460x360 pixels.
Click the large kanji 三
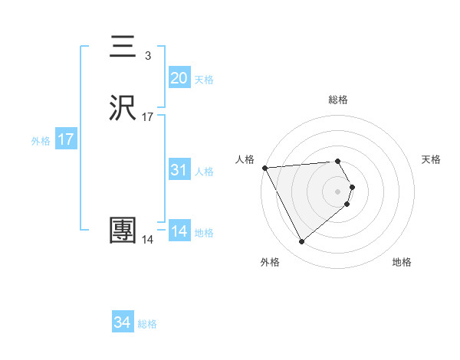click(123, 48)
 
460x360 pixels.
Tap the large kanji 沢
click(123, 109)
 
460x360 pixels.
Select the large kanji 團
click(123, 230)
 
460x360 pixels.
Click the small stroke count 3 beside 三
click(147, 55)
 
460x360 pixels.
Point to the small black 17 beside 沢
click(147, 117)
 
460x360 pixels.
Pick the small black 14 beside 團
click(147, 240)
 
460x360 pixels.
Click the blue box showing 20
click(179, 78)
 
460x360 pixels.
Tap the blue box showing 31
click(179, 170)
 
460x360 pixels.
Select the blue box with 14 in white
click(179, 231)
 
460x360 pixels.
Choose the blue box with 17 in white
click(65, 140)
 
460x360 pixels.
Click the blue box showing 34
click(122, 323)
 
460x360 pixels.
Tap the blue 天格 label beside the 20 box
click(204, 80)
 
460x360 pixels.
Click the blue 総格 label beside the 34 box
click(147, 325)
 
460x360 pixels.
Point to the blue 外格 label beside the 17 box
click(41, 141)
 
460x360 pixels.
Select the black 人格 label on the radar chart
click(245, 159)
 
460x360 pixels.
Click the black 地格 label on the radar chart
click(402, 263)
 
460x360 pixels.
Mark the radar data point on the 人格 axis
click(264, 167)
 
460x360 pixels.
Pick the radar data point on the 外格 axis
click(301, 242)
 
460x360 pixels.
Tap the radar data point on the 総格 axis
click(337, 161)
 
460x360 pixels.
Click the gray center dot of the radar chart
click(337, 191)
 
